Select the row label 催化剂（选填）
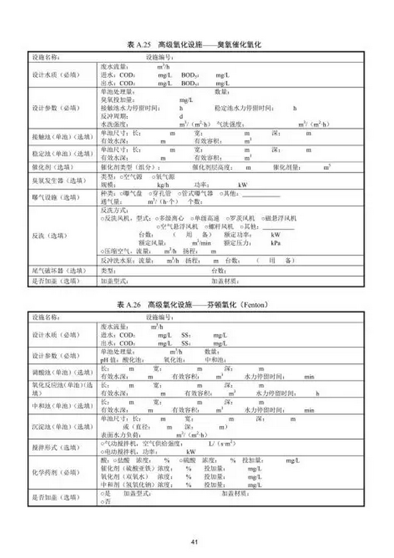55,167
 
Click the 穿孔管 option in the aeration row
162,193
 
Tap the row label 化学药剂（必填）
55,472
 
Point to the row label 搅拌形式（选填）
55,448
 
